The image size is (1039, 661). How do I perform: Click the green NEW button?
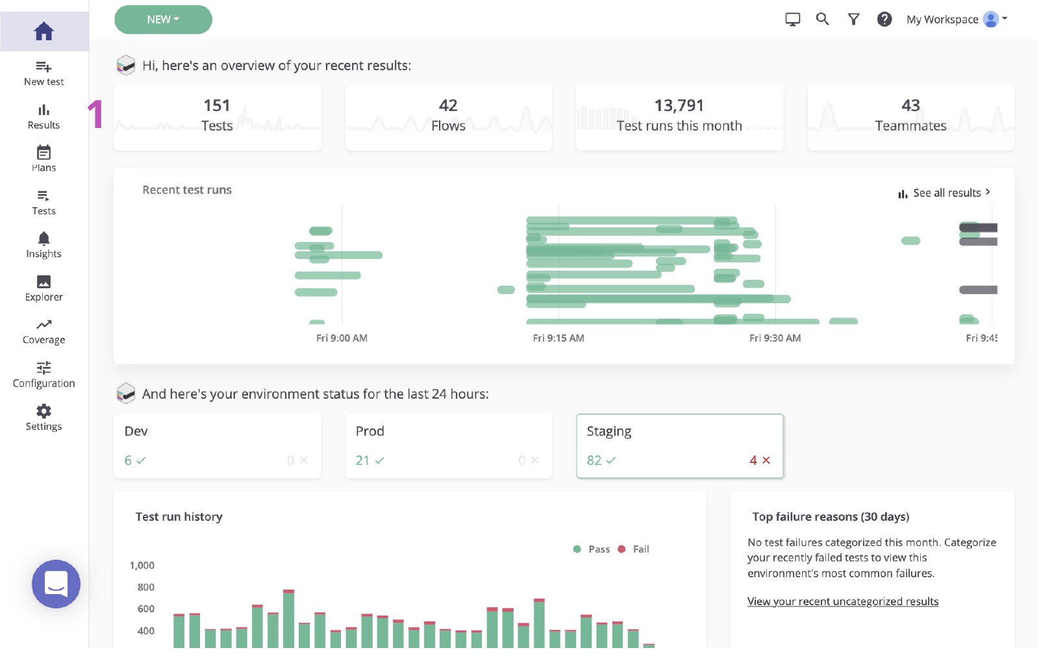163,19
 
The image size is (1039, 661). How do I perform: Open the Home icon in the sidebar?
44,31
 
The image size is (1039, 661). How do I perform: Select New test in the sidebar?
44,73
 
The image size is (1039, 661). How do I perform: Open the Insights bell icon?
44,239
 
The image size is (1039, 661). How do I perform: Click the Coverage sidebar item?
44,332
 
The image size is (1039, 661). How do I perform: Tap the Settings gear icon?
44,411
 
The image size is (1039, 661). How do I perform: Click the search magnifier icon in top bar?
822,19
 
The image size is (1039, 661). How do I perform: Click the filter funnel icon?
853,19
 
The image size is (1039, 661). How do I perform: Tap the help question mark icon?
884,19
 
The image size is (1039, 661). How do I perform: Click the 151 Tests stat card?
217,118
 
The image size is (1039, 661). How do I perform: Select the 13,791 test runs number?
679,105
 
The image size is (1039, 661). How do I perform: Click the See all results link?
945,193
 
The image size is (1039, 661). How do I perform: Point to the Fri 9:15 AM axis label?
558,338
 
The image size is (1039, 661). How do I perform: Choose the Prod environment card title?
369,431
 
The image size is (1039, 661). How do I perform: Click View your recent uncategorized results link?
842,601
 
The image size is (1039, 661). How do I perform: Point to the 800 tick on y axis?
145,587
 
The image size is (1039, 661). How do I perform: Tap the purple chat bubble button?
56,584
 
